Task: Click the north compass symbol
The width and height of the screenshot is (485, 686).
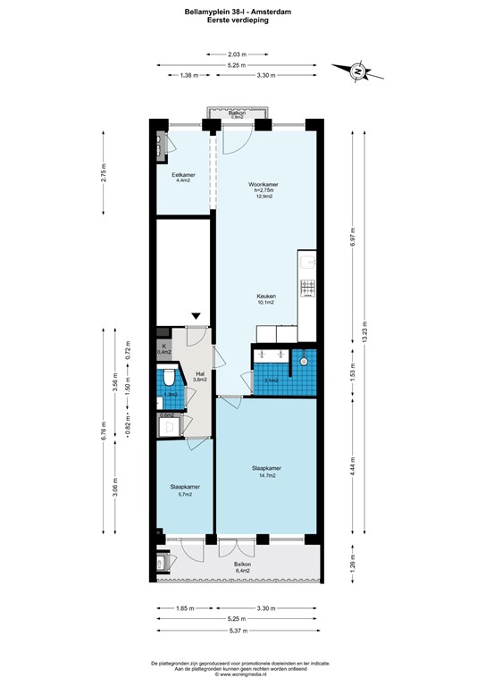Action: pyautogui.click(x=355, y=70)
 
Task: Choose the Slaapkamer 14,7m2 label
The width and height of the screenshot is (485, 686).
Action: pyautogui.click(x=265, y=472)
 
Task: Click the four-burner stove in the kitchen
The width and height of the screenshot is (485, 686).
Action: pyautogui.click(x=307, y=288)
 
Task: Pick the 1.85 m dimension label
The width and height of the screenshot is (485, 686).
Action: pyautogui.click(x=184, y=607)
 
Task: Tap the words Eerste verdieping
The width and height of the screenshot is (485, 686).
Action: pyautogui.click(x=242, y=19)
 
